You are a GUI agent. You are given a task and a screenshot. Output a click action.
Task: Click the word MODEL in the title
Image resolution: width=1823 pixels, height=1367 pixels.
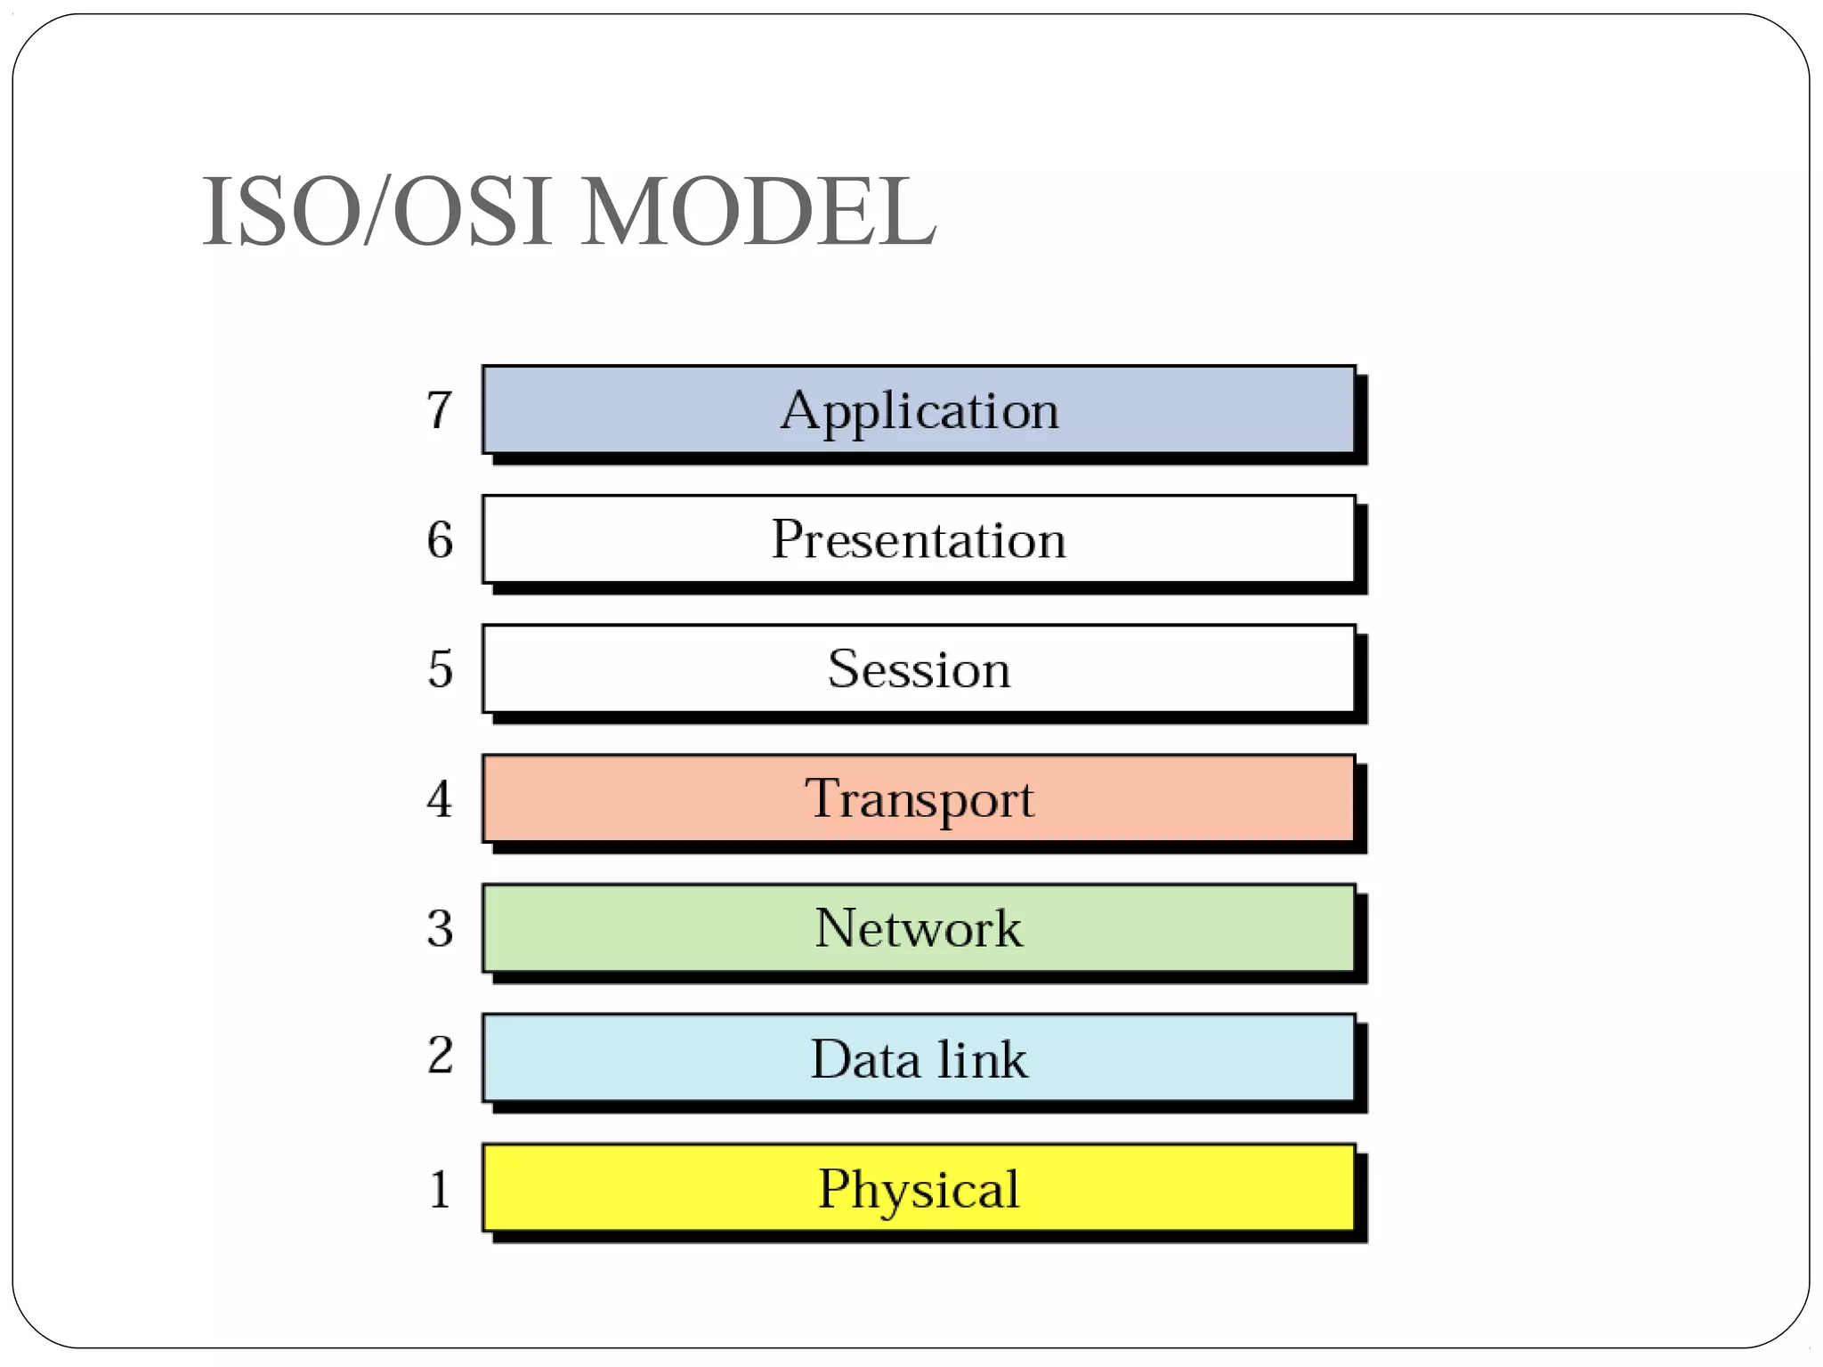click(x=758, y=212)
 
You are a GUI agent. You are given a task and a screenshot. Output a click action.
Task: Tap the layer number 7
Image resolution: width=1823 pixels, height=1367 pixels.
click(x=439, y=409)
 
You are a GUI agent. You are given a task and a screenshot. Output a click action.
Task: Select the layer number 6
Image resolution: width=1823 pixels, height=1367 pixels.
click(x=440, y=539)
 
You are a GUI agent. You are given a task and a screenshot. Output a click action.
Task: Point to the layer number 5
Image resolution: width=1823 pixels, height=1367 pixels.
click(x=440, y=668)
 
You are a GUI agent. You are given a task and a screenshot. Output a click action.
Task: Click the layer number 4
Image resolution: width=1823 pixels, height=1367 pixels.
click(x=439, y=798)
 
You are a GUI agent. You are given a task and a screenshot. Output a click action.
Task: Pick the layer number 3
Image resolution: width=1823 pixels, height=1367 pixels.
click(x=440, y=928)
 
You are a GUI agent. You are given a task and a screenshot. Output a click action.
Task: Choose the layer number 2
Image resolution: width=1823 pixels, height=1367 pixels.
click(x=440, y=1056)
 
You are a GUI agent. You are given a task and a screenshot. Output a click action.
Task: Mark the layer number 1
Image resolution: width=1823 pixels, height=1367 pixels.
click(x=440, y=1189)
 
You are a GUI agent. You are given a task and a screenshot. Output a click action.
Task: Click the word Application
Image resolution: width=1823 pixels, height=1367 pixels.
click(x=920, y=411)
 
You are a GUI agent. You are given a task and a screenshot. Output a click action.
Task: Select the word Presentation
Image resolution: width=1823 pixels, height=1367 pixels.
click(x=919, y=539)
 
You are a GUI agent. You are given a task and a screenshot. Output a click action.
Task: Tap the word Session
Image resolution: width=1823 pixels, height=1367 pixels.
click(x=919, y=668)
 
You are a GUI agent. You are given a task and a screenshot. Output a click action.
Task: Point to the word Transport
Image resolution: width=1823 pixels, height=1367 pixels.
click(x=919, y=798)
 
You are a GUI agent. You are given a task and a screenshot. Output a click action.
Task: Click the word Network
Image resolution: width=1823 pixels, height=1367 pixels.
click(x=919, y=928)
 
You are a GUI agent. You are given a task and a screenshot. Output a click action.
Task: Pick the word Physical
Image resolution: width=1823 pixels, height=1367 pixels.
click(x=919, y=1189)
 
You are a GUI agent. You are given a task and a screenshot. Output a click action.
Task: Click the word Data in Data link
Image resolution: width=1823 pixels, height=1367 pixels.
click(x=864, y=1059)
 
